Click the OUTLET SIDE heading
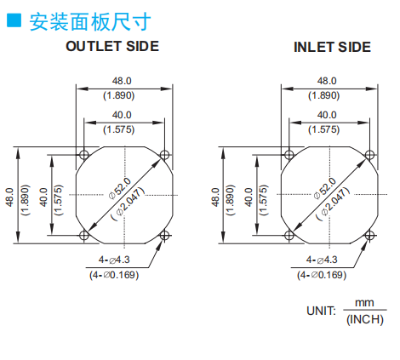tap(112, 46)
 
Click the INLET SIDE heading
tap(332, 47)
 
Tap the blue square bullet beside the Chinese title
tap(14, 20)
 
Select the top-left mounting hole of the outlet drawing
tap(84, 155)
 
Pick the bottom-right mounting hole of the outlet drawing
tap(164, 235)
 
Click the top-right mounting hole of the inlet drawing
tap(369, 155)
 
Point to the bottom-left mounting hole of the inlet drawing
tap(289, 235)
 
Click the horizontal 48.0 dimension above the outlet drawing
tap(122, 81)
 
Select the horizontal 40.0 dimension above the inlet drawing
tap(327, 115)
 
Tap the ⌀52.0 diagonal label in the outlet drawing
tap(120, 188)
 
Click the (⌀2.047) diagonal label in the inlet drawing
tap(333, 204)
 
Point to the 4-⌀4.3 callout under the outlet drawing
tap(114, 260)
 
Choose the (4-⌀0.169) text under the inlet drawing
tap(322, 275)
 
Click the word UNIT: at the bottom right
tap(321, 311)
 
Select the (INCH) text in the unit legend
tap(365, 320)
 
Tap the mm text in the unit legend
tap(364, 303)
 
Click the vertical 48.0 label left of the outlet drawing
tap(9, 197)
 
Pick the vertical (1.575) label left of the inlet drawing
tap(264, 200)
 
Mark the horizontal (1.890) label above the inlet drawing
tap(324, 95)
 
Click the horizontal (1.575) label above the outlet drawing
tap(118, 129)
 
